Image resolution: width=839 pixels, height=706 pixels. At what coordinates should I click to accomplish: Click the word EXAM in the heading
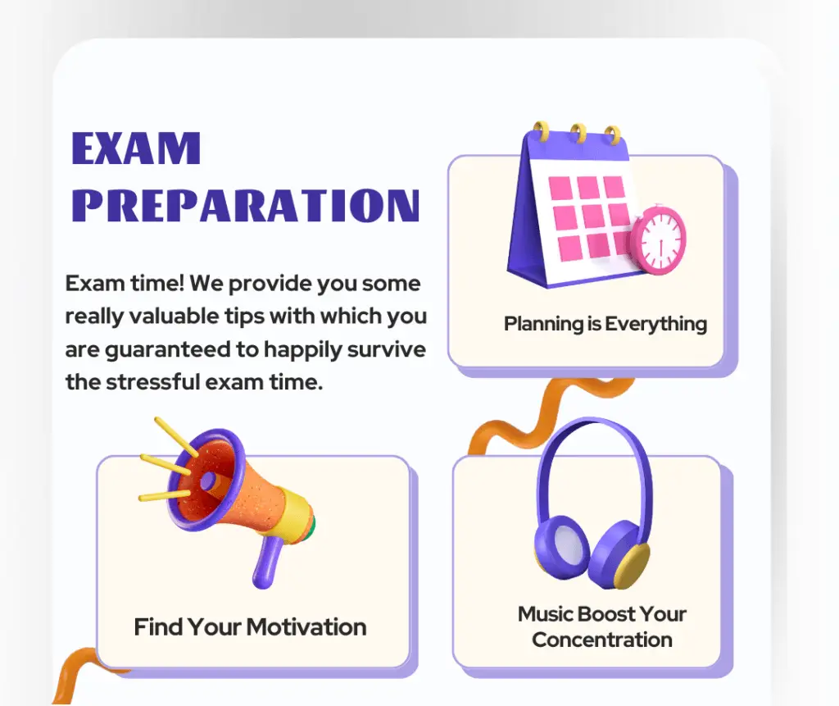point(136,148)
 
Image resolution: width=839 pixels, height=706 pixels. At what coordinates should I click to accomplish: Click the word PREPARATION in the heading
point(251,205)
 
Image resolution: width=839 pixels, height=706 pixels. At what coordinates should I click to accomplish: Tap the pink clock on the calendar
point(660,240)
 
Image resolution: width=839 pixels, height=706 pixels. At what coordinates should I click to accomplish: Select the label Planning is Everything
point(605,324)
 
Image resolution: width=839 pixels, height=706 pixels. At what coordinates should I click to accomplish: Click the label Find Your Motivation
point(250,627)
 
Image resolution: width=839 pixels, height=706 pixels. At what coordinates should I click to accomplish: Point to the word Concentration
point(602,640)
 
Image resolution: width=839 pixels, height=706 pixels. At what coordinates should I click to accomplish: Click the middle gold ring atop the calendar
point(578,131)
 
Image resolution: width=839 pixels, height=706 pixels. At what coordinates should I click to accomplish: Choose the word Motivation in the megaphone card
point(306,627)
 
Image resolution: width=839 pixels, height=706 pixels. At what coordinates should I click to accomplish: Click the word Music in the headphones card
point(546,614)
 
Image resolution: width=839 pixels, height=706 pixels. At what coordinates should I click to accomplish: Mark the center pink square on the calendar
point(588,217)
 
